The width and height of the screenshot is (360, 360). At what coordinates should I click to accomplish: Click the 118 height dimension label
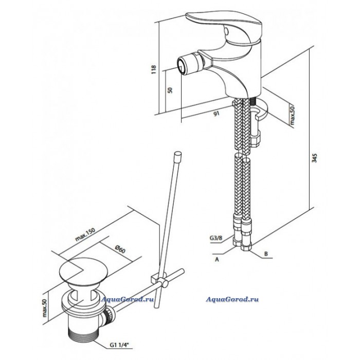(x=154, y=69)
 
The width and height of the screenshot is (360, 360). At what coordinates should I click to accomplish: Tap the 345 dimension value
(x=315, y=158)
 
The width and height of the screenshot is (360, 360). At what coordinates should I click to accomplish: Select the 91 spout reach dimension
(x=217, y=114)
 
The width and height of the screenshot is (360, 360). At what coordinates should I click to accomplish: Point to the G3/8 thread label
(x=216, y=238)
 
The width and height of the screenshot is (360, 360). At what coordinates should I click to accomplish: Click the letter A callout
(x=217, y=260)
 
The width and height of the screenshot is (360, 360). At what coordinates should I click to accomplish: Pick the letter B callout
(x=266, y=254)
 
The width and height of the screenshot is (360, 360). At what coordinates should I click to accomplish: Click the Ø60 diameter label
(x=120, y=249)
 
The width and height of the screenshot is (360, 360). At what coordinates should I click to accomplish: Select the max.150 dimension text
(x=85, y=234)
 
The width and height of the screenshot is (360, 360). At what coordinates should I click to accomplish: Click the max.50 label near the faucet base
(x=292, y=115)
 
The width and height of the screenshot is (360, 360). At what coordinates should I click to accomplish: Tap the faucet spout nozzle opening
(x=182, y=66)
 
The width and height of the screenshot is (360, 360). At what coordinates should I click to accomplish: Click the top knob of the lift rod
(x=178, y=155)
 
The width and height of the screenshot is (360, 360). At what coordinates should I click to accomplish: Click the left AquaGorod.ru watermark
(x=128, y=299)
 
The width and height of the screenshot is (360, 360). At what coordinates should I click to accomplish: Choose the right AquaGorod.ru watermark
(x=232, y=299)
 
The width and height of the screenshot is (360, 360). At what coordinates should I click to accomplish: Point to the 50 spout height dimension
(x=170, y=90)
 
